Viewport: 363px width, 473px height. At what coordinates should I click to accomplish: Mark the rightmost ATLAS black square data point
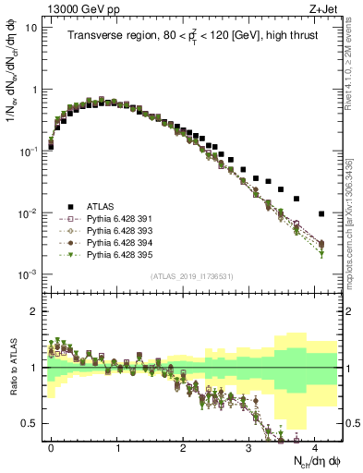coord(321,213)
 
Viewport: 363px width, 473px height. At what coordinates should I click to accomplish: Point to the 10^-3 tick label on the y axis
coord(28,274)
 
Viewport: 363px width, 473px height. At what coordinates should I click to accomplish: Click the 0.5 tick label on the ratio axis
coord(30,424)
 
